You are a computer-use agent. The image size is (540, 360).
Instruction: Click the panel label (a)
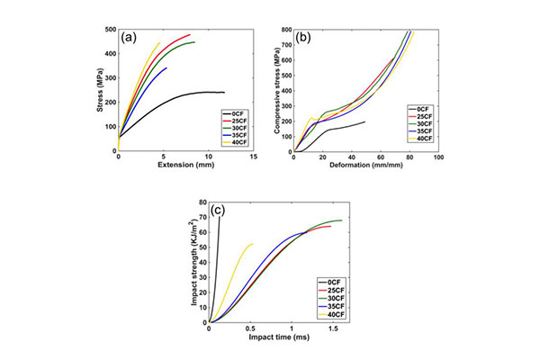coord(130,38)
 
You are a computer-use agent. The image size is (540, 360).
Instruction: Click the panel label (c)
coord(219,213)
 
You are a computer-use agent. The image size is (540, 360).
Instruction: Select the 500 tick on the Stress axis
coord(110,30)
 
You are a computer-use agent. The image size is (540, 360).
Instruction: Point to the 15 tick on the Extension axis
coord(254,156)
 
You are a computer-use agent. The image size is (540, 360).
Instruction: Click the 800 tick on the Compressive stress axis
coord(286,30)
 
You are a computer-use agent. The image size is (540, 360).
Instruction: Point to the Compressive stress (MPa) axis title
coord(274,91)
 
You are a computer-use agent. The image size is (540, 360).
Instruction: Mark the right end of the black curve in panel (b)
coord(365,121)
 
